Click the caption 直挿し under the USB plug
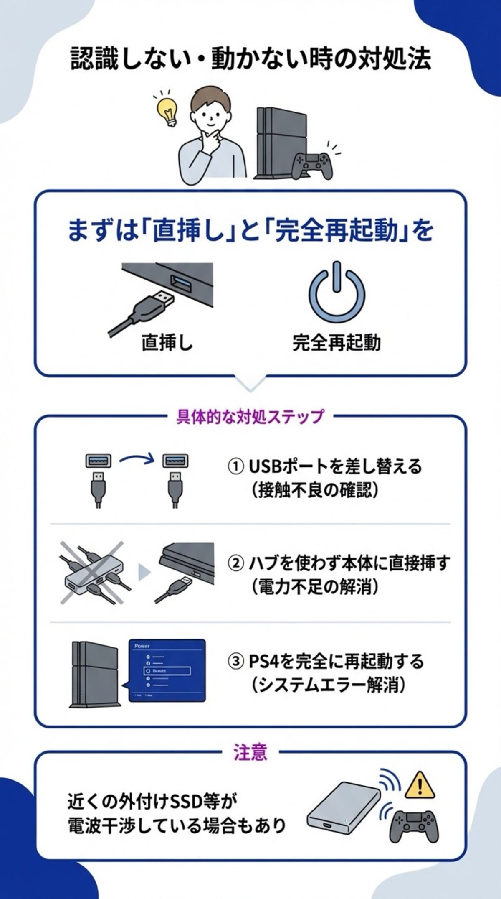[167, 342]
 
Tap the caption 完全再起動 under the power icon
[337, 342]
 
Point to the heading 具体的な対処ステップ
[250, 417]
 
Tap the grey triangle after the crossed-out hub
[144, 572]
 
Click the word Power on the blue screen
[142, 646]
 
